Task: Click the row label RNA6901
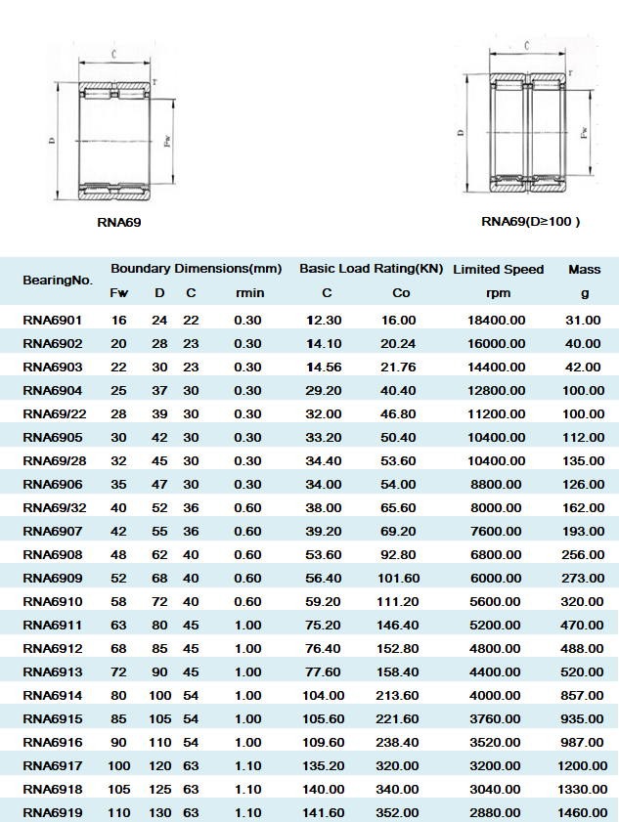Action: (x=53, y=320)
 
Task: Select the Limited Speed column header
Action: (x=498, y=269)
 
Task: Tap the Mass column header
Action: (x=585, y=269)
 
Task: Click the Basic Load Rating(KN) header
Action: (x=371, y=268)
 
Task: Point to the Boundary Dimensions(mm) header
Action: (x=196, y=268)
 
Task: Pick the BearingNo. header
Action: (x=58, y=281)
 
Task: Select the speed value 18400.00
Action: (x=498, y=320)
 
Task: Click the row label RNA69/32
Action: (x=56, y=507)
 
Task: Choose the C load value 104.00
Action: (x=326, y=695)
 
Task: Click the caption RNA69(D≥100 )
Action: (x=531, y=221)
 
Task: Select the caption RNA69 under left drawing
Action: (x=119, y=223)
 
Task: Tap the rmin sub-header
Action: (x=248, y=293)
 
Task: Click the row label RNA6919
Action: (x=53, y=812)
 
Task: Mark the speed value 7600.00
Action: (x=498, y=531)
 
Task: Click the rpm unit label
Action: (x=498, y=293)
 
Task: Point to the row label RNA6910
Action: (x=53, y=601)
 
